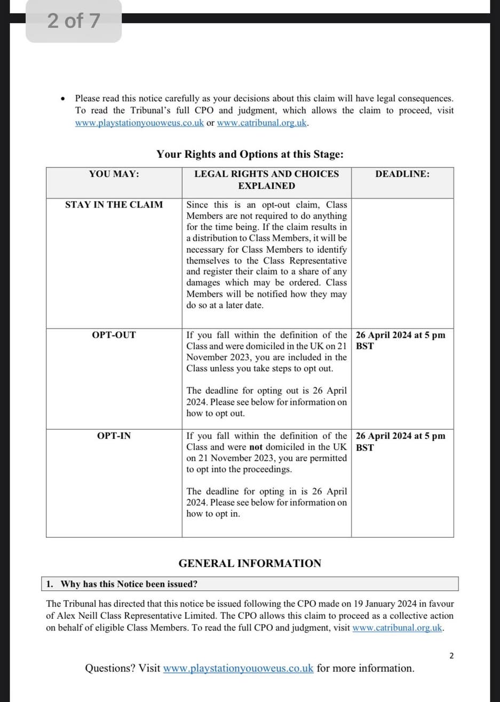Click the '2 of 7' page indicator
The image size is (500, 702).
tap(74, 21)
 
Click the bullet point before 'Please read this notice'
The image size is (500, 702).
tap(64, 99)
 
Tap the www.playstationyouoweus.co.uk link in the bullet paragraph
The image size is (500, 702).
tap(139, 123)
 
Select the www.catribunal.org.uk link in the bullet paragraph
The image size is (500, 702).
tap(262, 123)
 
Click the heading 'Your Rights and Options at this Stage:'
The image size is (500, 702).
tap(250, 154)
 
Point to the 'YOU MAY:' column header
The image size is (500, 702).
tap(114, 174)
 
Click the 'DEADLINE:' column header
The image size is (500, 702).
tap(402, 174)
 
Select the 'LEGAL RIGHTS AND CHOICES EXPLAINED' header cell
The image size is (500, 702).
tap(266, 180)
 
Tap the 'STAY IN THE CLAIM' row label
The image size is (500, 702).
tap(114, 204)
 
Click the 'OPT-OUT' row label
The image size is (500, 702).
tap(114, 335)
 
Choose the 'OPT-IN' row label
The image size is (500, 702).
tap(114, 436)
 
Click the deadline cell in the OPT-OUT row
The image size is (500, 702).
tap(400, 340)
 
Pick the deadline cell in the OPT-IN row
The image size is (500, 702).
tap(400, 441)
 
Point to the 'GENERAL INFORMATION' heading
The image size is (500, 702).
tap(250, 563)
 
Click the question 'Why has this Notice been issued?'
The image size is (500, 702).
tap(129, 584)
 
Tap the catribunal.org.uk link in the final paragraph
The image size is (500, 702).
tap(398, 627)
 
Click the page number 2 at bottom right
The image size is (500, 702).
tap(451, 656)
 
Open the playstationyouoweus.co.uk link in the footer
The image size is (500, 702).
tap(238, 668)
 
